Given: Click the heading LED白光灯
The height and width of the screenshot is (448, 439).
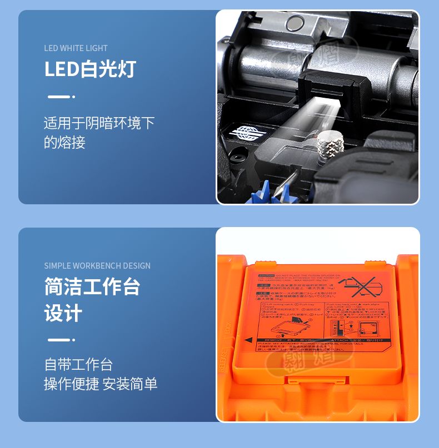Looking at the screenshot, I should point(90,69).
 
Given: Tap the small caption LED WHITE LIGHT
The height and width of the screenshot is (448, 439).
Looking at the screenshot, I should point(76,48).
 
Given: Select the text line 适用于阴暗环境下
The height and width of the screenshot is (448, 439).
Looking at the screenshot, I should point(99,123).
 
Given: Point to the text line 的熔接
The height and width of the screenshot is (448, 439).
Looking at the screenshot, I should point(64,143).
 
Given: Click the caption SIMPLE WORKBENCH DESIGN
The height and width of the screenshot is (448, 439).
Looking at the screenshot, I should point(97,266).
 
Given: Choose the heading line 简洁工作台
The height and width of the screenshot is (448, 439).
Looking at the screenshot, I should point(92,287).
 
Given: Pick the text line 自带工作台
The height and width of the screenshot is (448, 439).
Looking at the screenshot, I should point(78,365).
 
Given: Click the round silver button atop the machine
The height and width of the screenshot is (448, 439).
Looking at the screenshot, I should point(295,22).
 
